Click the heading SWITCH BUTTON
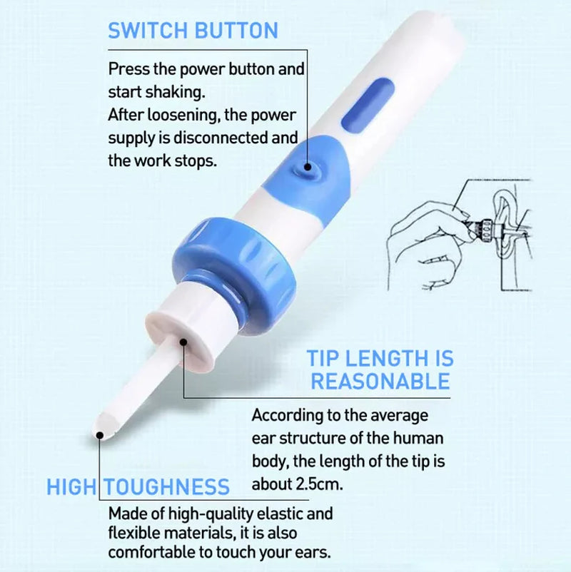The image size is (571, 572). pos(193,31)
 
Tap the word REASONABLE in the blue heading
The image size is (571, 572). pos(380,381)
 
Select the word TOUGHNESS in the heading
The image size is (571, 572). pos(167,487)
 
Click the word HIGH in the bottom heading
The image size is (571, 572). pos(71,487)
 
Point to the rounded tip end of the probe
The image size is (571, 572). pos(102,430)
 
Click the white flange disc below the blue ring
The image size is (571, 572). pos(181,334)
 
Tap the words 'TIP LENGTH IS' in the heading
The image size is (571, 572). pos(380,358)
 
